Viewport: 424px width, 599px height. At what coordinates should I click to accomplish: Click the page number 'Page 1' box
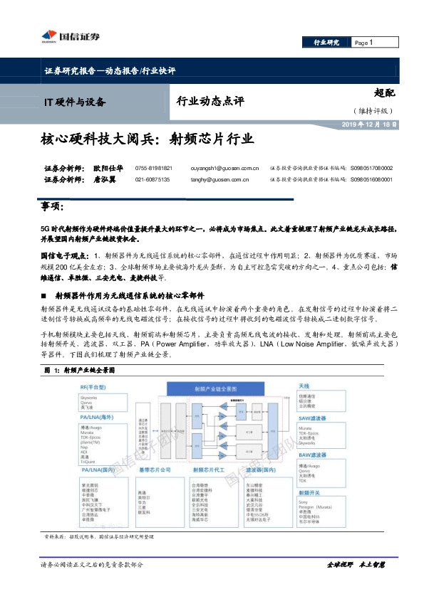[372, 43]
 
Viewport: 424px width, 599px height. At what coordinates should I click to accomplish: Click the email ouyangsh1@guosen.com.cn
[224, 168]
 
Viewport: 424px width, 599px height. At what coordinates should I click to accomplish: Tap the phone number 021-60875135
[152, 179]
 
